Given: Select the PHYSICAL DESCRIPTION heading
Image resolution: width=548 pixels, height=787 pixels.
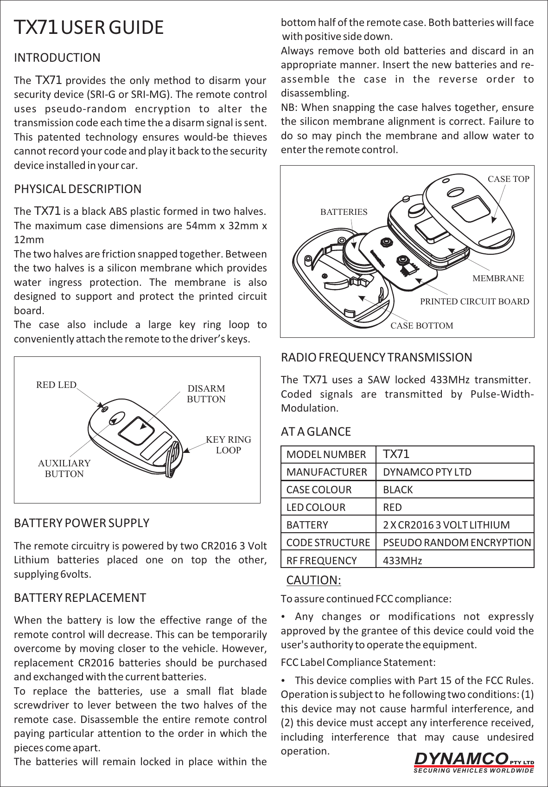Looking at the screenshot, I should tap(78, 189).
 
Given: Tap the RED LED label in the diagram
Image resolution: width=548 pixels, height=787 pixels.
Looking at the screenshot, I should tap(56, 385).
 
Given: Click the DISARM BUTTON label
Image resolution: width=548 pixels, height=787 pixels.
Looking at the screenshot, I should tap(206, 394).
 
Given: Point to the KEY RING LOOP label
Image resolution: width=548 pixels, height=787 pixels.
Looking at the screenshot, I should tap(229, 445).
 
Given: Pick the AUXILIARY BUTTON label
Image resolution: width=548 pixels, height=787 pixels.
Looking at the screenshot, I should tap(64, 469).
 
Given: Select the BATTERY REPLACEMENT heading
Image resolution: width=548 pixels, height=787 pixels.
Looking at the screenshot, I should tap(80, 597).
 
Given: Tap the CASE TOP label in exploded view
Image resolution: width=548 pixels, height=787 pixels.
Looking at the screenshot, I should tap(509, 179).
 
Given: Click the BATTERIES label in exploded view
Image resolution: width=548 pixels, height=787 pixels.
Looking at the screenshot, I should tap(344, 212).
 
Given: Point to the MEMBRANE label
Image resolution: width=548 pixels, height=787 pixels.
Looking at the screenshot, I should tap(498, 279).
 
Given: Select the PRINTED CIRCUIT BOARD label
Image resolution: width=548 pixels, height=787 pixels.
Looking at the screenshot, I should tap(474, 302).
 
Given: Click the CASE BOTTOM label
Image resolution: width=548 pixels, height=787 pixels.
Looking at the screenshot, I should tap(422, 326).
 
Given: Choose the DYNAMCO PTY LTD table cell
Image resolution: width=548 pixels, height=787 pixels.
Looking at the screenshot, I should tap(427, 472).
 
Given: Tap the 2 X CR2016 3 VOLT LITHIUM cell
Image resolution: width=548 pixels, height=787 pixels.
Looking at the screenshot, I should tap(446, 525).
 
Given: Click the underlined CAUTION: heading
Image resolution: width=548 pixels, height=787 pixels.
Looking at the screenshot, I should tap(314, 581).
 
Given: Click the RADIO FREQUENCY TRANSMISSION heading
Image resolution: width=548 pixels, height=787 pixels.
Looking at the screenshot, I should tap(377, 358).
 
